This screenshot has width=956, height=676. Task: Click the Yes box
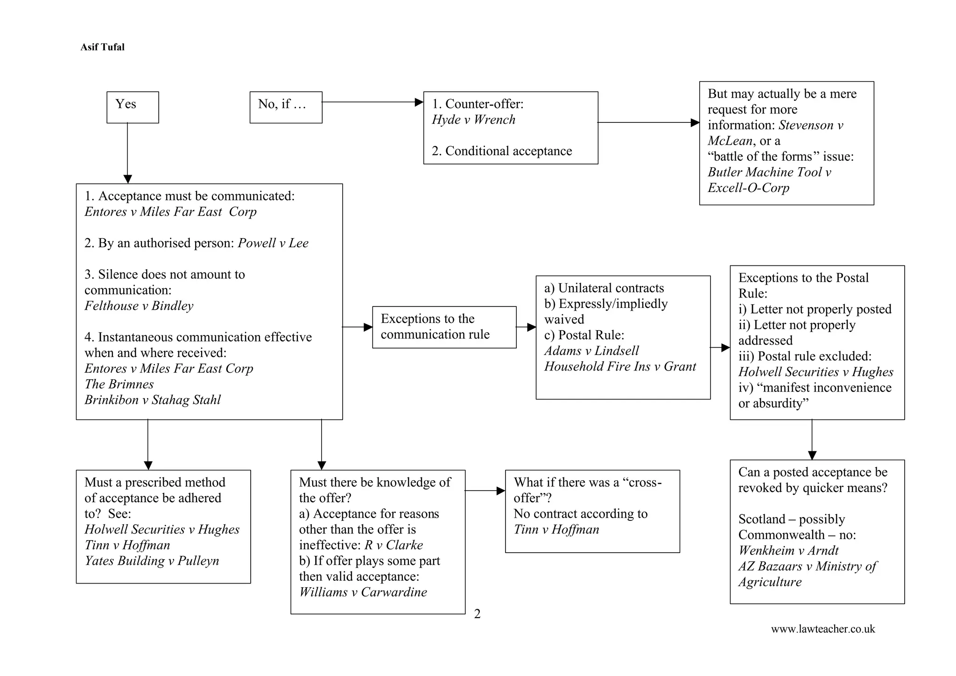(133, 107)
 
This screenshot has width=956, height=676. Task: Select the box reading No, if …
(286, 107)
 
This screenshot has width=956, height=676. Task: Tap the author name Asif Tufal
(102, 47)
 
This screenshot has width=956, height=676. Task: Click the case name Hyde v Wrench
(473, 120)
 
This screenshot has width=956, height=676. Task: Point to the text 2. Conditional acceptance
(501, 151)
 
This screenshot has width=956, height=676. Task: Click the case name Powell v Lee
(273, 243)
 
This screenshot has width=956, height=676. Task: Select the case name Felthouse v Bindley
(139, 306)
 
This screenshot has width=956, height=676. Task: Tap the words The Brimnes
(119, 384)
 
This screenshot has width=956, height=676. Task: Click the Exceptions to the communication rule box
(444, 327)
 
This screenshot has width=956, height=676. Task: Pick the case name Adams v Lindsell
(591, 351)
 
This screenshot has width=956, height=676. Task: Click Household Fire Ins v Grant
(619, 366)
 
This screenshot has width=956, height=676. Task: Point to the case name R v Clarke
(394, 545)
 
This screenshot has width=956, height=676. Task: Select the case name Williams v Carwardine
(363, 592)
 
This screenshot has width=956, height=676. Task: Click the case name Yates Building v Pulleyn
(152, 561)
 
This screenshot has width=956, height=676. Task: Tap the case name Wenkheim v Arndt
(788, 550)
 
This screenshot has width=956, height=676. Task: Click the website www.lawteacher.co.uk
(822, 629)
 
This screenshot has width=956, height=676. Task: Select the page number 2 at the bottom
(477, 614)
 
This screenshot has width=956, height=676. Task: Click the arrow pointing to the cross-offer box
(485, 491)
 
